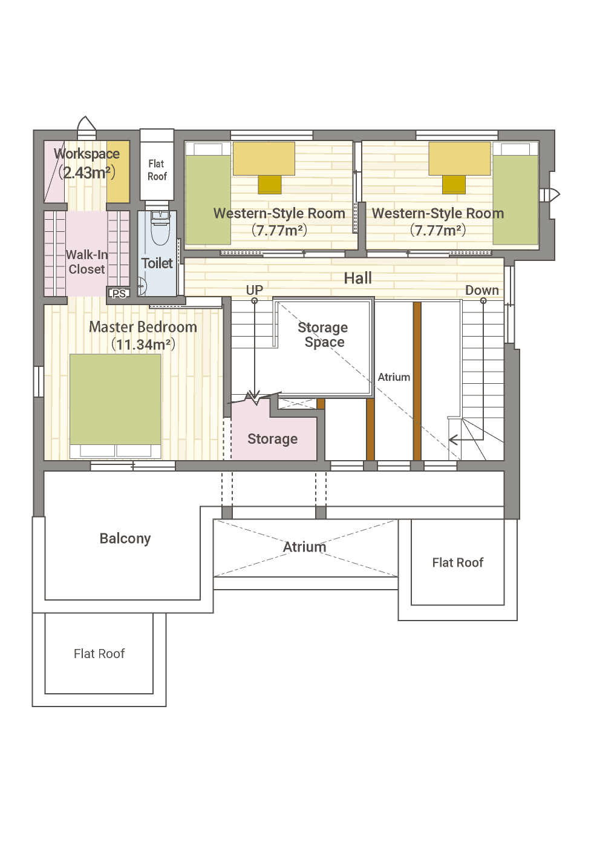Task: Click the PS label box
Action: coord(119,294)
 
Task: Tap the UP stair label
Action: coord(254,290)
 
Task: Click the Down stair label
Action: coord(481,290)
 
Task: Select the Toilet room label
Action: coord(157,263)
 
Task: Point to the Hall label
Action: coord(357,278)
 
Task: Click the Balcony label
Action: coord(125,538)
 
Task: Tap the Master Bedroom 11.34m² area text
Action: coord(143,344)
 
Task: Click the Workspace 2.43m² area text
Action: coord(87,173)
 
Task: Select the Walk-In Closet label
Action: coord(87,262)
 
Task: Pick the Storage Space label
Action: coord(323,334)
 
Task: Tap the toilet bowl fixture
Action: coord(160,229)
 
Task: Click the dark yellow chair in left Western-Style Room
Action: coord(270,185)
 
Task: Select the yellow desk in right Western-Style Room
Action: coord(460,159)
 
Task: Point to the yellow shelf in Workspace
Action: coord(118,171)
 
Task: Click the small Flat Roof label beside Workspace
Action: coord(157,170)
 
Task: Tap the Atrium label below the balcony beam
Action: coord(305,547)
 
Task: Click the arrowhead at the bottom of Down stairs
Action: coord(453,440)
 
